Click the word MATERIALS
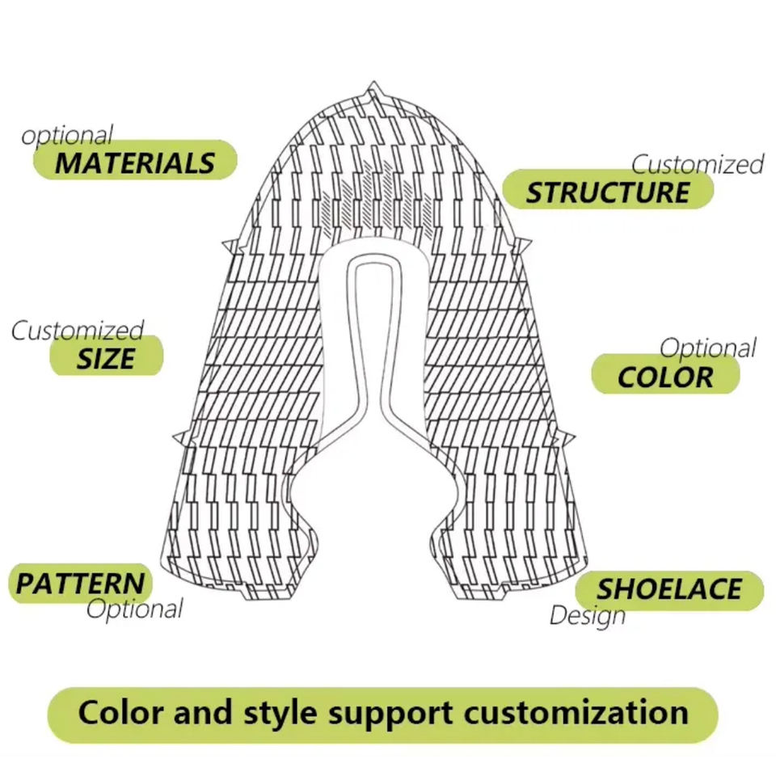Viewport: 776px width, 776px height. click(135, 162)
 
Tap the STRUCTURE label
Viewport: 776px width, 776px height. click(608, 192)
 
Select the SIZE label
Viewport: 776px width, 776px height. click(106, 356)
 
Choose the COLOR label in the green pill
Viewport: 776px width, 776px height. click(665, 377)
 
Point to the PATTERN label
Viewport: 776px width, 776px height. click(81, 583)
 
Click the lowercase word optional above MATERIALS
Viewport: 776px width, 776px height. click(67, 136)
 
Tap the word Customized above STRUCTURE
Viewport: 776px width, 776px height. click(697, 165)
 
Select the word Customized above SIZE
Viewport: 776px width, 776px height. click(78, 330)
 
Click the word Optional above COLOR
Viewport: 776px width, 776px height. click(708, 348)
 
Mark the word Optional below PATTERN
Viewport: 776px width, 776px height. click(134, 608)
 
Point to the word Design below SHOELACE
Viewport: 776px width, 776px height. click(588, 615)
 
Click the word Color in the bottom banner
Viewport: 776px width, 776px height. click(118, 712)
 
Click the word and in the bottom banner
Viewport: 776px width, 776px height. click(202, 712)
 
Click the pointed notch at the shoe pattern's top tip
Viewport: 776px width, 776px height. click(373, 88)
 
